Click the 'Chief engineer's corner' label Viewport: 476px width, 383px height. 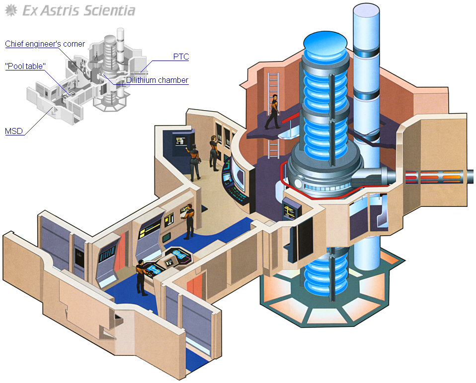click(x=45, y=44)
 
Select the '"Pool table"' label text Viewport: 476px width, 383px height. click(x=26, y=66)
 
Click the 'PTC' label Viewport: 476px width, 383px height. click(x=180, y=57)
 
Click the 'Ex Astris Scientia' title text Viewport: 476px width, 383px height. click(x=79, y=10)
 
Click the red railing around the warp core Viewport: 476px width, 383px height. click(x=282, y=179)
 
